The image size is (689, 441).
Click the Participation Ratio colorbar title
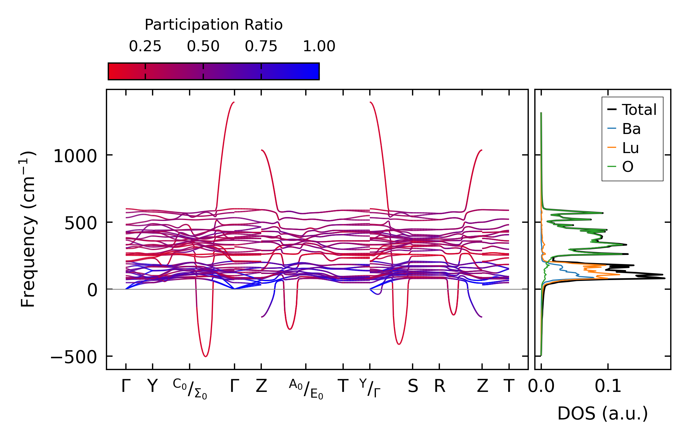click(x=213, y=25)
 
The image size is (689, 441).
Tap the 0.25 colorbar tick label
click(x=145, y=46)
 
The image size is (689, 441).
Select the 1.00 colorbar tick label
click(x=319, y=46)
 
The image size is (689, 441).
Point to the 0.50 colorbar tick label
click(x=203, y=46)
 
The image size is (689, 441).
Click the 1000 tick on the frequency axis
click(x=75, y=156)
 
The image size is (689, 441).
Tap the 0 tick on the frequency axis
click(x=92, y=290)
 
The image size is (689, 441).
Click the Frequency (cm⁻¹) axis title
click(x=28, y=229)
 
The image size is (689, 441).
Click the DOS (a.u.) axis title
click(x=603, y=413)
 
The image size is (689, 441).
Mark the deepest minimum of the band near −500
click(x=206, y=356)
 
